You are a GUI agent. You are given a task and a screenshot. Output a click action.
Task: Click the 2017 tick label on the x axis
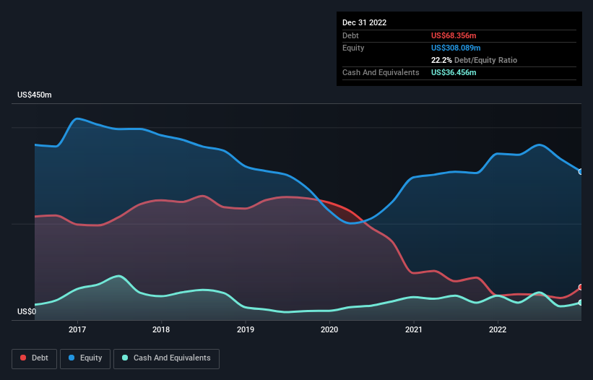click(77, 329)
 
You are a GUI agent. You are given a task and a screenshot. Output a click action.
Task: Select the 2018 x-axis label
click(161, 329)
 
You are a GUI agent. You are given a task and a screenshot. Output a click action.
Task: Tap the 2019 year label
click(246, 329)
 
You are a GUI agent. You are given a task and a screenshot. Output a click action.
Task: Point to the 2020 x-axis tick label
click(329, 329)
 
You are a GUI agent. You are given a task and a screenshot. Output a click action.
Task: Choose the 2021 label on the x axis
click(414, 329)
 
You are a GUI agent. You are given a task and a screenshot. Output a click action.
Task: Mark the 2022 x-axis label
click(498, 329)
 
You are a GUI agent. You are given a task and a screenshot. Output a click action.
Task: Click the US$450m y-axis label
click(34, 95)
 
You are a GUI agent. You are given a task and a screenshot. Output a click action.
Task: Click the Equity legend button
click(85, 358)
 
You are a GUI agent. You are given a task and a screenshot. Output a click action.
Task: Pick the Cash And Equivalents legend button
click(166, 358)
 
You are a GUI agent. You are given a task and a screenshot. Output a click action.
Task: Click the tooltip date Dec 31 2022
click(364, 22)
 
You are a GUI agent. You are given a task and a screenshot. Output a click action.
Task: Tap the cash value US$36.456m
click(454, 72)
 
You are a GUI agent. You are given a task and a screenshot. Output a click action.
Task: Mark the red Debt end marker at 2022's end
click(581, 288)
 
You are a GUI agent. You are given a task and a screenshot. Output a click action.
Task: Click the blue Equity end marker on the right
click(581, 172)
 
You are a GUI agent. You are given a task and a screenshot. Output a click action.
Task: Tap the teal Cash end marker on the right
click(581, 303)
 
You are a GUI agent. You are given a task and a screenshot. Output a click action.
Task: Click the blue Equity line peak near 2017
click(78, 118)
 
